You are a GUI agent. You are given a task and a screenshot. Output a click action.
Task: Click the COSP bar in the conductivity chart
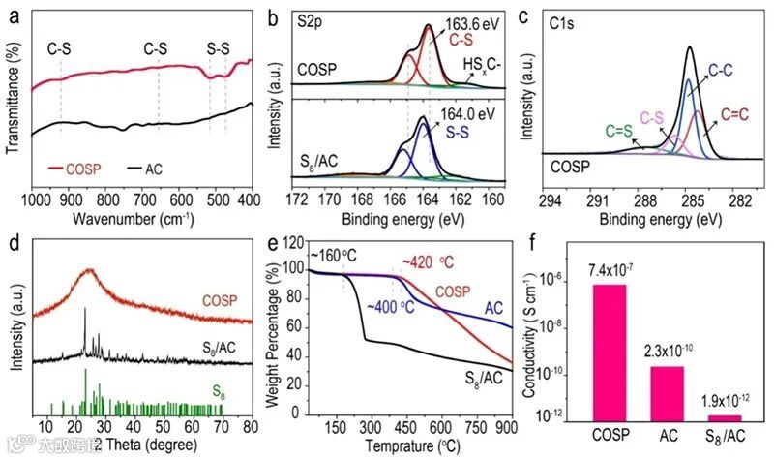(615, 351)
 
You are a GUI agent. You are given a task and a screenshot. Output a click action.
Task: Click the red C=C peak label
(733, 114)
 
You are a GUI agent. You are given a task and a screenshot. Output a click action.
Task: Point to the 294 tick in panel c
(550, 199)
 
